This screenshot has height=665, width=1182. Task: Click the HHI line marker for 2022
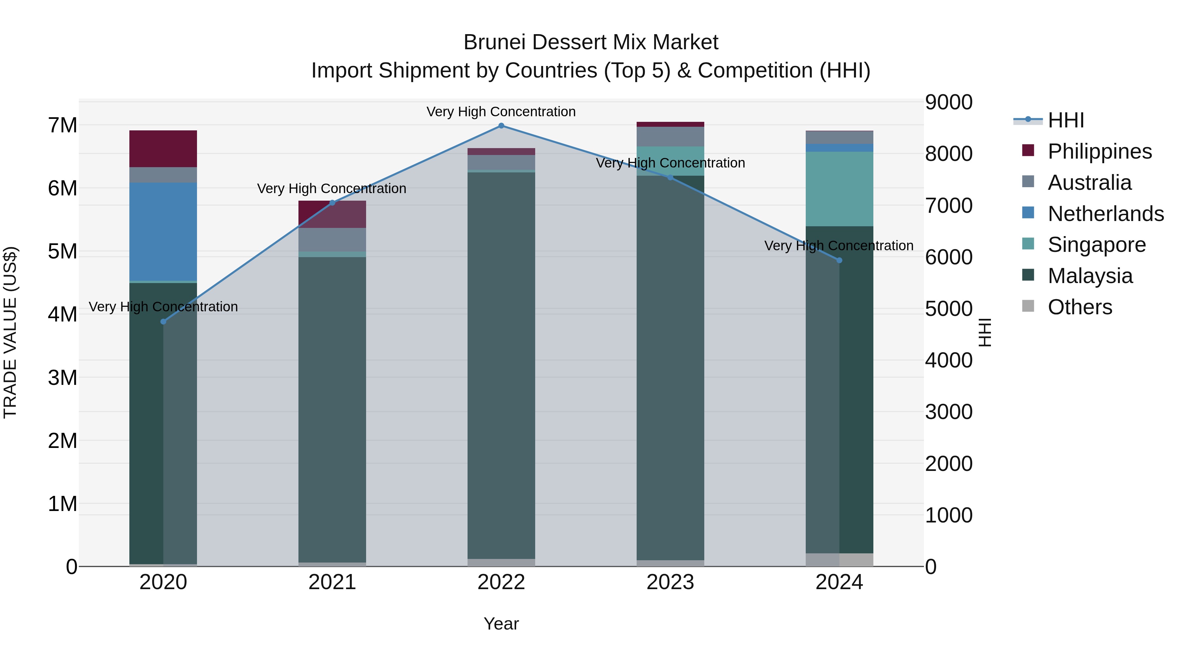click(501, 126)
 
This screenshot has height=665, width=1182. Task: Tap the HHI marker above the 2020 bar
click(164, 322)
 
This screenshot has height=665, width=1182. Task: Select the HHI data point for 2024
click(839, 260)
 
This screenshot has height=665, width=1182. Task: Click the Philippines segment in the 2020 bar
click(164, 149)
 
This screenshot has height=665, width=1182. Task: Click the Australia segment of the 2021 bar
click(332, 240)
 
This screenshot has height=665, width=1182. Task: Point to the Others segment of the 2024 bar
click(839, 560)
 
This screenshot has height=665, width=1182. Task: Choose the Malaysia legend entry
click(1090, 276)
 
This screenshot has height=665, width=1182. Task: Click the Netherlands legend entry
click(1105, 214)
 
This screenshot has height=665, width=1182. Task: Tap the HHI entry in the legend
click(1065, 120)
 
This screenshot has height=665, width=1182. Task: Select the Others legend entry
click(1080, 307)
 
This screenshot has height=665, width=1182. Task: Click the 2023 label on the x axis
click(670, 582)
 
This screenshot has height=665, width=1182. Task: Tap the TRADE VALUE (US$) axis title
click(10, 332)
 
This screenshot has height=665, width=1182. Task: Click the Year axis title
click(501, 624)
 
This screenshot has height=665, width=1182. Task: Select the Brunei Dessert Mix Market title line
click(591, 42)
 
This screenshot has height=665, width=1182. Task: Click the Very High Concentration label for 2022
click(501, 112)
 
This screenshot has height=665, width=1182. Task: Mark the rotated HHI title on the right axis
click(985, 332)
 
